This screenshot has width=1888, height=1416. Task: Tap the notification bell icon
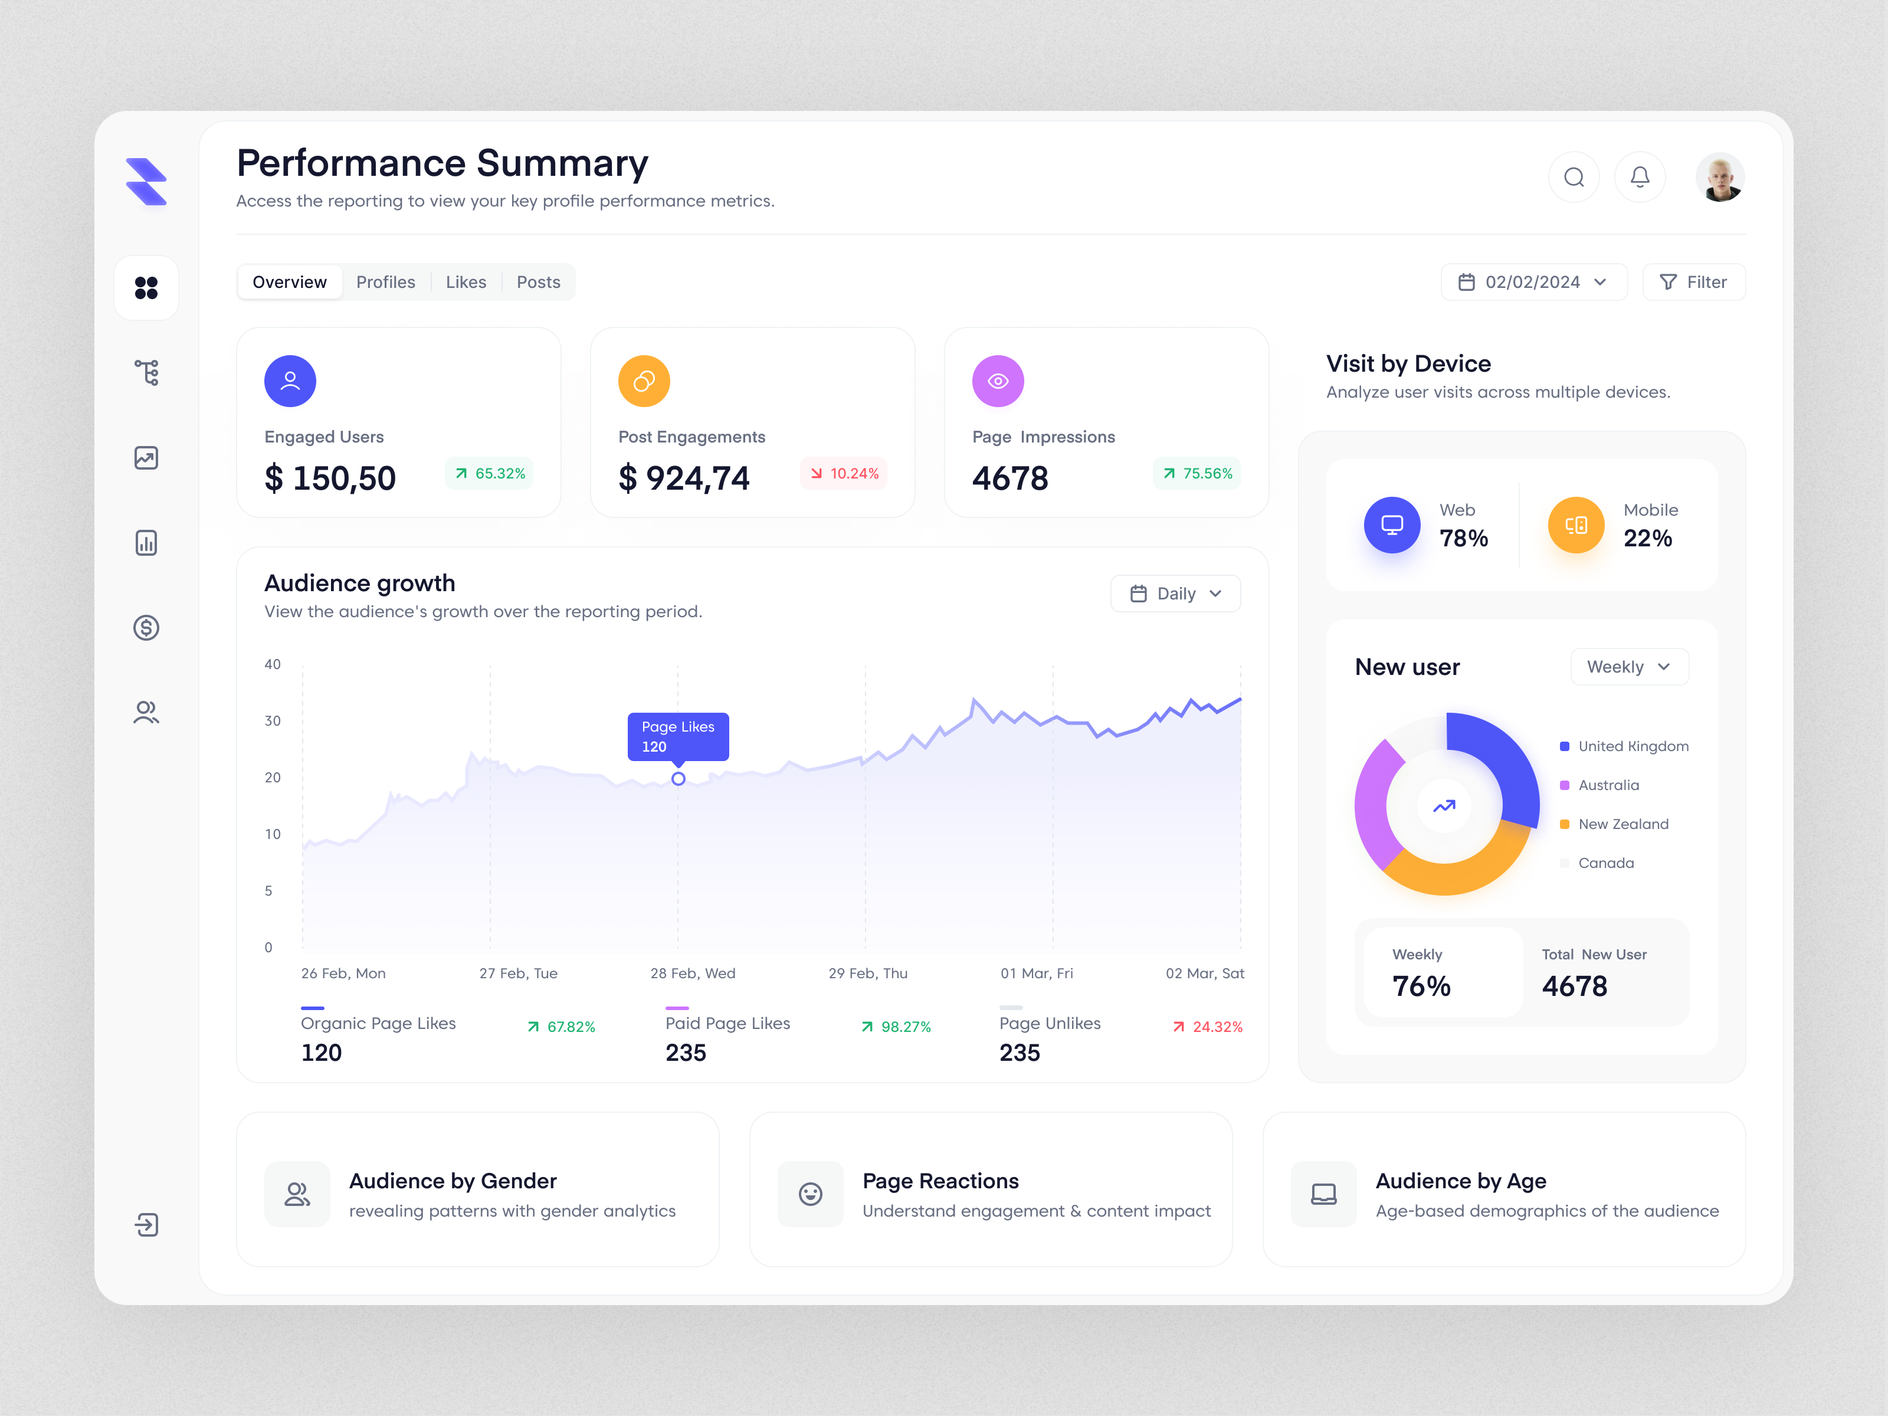pyautogui.click(x=1640, y=178)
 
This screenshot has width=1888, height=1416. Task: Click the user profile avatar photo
pyautogui.click(x=1719, y=178)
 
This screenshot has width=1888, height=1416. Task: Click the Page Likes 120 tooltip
pyautogui.click(x=678, y=736)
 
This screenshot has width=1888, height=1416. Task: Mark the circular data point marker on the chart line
pyautogui.click(x=678, y=778)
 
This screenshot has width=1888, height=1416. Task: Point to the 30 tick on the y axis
pyautogui.click(x=272, y=721)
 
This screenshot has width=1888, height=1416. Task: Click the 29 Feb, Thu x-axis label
pyautogui.click(x=867, y=973)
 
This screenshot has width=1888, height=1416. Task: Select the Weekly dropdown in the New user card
pyautogui.click(x=1628, y=667)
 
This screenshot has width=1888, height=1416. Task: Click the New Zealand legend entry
pyautogui.click(x=1622, y=824)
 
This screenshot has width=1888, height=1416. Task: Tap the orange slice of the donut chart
pyautogui.click(x=1451, y=875)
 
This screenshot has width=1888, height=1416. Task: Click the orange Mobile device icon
pyautogui.click(x=1576, y=525)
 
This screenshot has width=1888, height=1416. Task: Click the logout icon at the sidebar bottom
pyautogui.click(x=146, y=1225)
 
